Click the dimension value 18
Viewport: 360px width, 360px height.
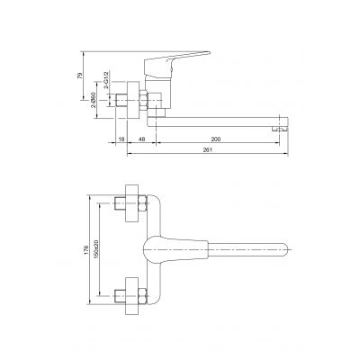pyautogui.click(x=121, y=140)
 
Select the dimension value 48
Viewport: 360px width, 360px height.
pyautogui.click(x=142, y=140)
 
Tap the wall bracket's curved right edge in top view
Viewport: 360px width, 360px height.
pyautogui.click(x=154, y=216)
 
